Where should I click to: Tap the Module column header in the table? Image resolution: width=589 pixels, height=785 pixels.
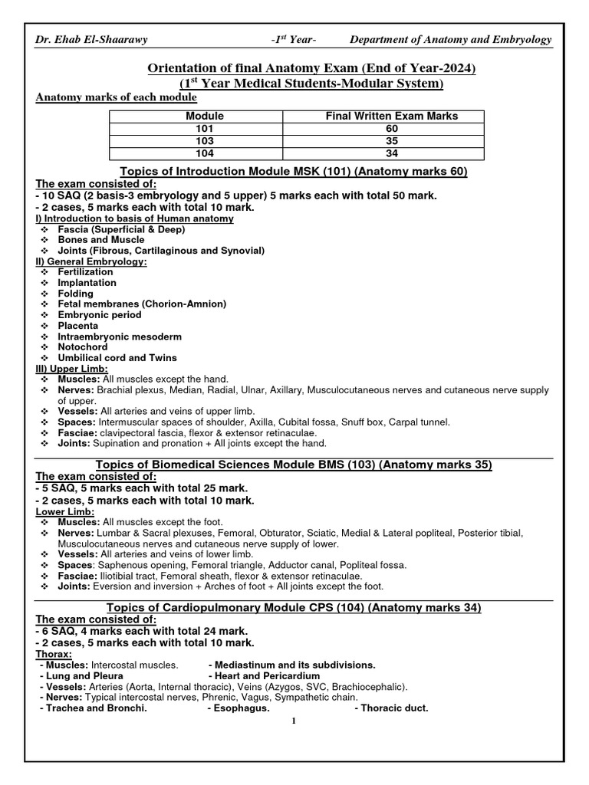(205, 116)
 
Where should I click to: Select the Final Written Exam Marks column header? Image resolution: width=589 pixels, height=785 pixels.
(392, 116)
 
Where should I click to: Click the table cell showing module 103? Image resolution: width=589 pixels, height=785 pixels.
(205, 141)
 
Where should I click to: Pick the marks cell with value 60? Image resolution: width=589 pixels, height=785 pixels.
(392, 129)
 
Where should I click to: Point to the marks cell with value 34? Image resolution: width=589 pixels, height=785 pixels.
(392, 153)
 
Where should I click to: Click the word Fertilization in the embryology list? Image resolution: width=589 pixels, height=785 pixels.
(85, 272)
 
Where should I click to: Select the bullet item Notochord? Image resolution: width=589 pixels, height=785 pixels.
(82, 347)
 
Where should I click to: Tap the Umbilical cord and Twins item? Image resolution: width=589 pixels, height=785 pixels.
(117, 358)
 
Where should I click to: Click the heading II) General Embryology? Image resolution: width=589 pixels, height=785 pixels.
(92, 261)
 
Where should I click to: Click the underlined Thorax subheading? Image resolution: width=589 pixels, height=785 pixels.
(52, 654)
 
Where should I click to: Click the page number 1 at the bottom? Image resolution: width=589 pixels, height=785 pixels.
(294, 721)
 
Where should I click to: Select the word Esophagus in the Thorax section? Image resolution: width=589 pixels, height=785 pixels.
(241, 708)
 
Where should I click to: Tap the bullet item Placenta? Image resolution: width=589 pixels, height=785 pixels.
(78, 326)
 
